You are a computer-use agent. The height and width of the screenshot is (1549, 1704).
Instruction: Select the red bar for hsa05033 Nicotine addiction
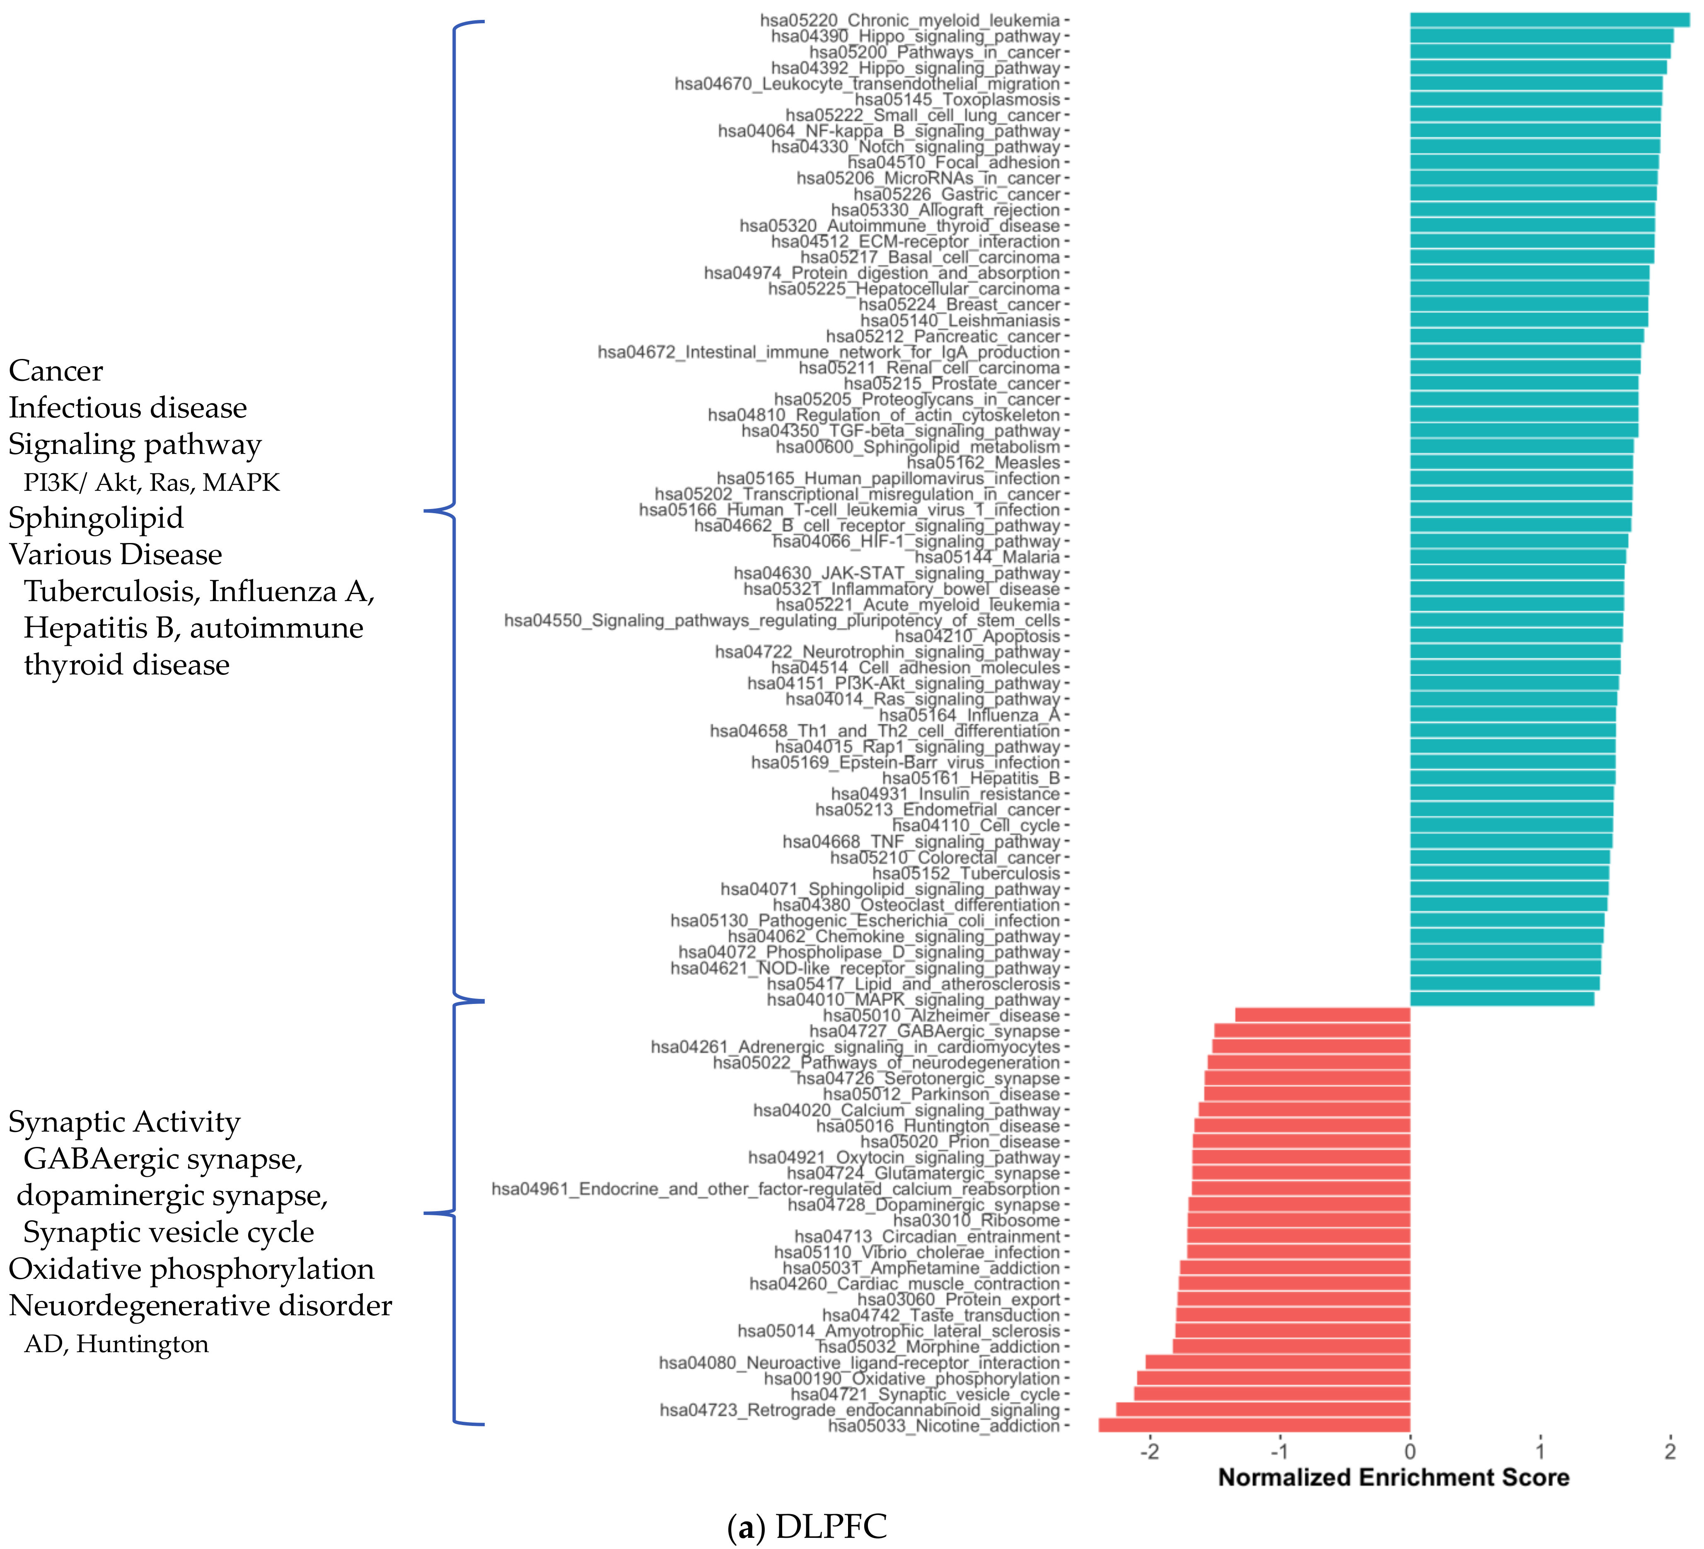(x=1254, y=1425)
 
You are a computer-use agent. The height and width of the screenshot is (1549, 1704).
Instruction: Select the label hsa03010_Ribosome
(x=976, y=1220)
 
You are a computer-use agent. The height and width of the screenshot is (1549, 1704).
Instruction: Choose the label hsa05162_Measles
(x=983, y=463)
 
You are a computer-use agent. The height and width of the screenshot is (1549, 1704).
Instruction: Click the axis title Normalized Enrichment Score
(x=1393, y=1477)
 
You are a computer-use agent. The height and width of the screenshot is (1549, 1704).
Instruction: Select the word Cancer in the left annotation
(x=56, y=370)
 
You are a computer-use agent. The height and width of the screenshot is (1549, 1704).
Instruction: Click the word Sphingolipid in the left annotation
(x=96, y=517)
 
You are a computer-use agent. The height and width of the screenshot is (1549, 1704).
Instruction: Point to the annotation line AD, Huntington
(x=116, y=1343)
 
